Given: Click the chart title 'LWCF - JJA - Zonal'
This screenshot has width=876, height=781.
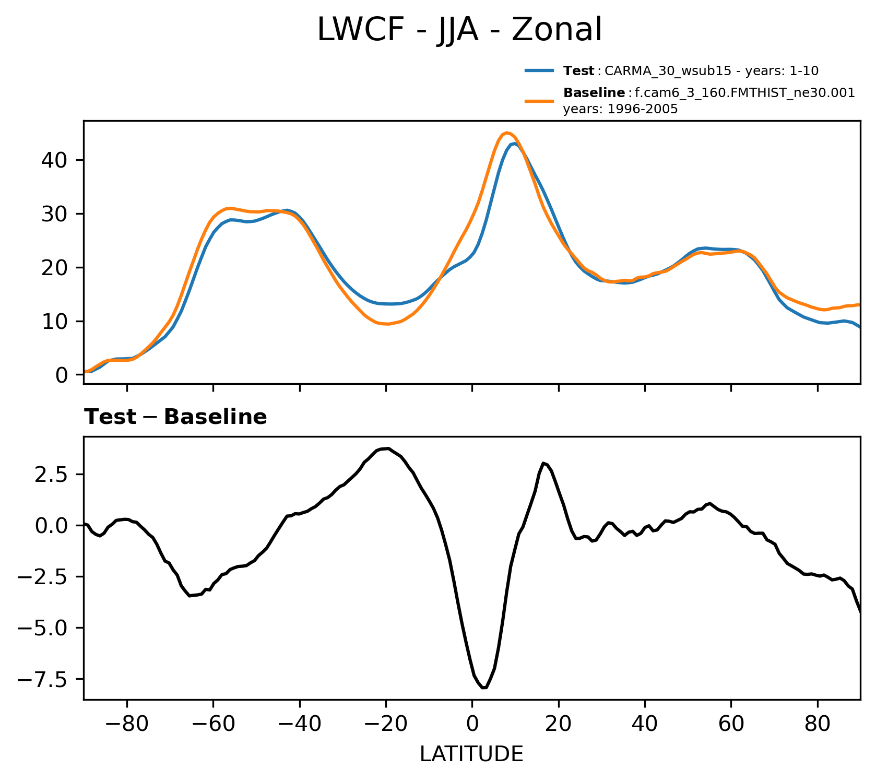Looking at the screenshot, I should point(459,30).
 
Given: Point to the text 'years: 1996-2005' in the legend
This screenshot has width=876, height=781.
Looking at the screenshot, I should point(620,109).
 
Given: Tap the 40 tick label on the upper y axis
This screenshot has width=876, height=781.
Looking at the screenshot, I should point(54,160).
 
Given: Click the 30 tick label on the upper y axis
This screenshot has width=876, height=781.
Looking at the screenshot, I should point(54,214).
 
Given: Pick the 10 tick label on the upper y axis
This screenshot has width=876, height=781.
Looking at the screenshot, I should point(54,321).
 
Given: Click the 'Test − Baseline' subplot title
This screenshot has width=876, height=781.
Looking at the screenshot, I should point(175,417).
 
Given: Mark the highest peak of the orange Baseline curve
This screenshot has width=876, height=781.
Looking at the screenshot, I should point(507,133).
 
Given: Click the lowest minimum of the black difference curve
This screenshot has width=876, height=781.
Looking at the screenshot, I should point(484,688).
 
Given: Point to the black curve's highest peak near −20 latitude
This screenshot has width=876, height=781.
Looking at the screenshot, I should point(387,448).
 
